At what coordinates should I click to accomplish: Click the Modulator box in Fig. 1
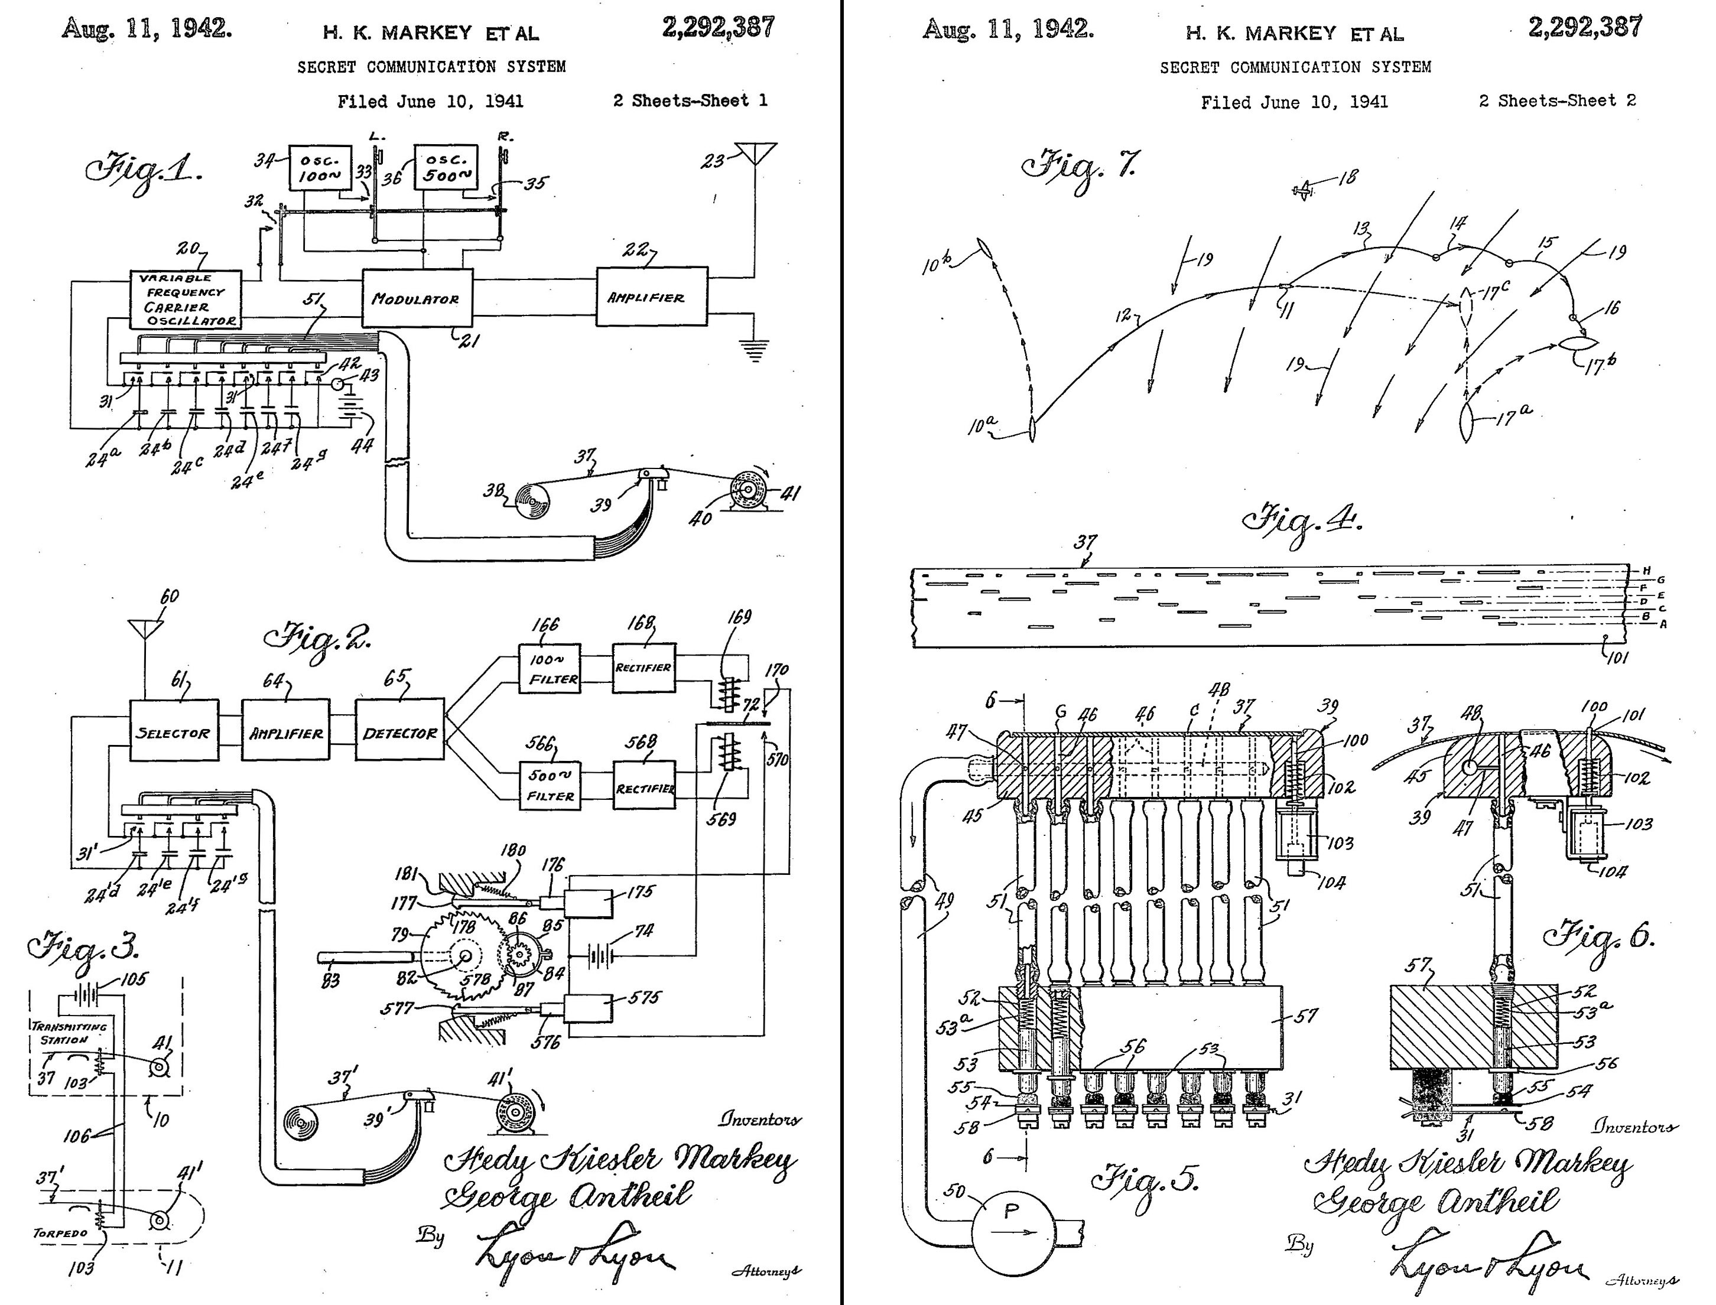coord(417,298)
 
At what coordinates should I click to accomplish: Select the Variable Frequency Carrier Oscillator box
coord(186,299)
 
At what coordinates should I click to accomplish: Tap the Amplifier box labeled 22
coord(652,297)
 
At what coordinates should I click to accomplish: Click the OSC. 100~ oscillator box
coord(316,167)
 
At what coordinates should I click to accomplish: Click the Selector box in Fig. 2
coord(173,732)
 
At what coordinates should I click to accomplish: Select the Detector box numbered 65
coord(399,732)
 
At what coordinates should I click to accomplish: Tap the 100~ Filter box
coord(550,669)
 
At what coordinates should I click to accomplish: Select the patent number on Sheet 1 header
coord(718,28)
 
